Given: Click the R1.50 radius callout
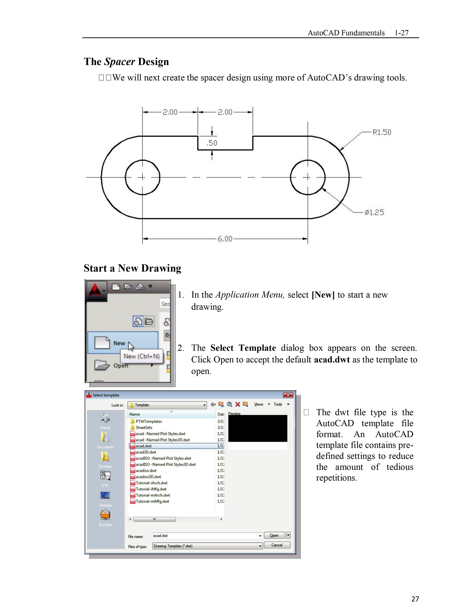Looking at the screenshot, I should (x=382, y=132).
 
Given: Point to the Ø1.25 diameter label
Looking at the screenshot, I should (x=374, y=213).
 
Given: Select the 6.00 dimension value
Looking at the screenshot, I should (x=225, y=239).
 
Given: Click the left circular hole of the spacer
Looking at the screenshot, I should (x=142, y=177).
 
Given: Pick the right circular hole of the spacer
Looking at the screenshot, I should (x=308, y=177).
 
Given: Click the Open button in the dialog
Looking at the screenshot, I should (x=274, y=535).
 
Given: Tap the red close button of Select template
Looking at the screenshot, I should (x=288, y=395).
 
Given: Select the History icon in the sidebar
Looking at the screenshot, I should (x=105, y=418).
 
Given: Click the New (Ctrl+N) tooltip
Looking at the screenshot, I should (x=141, y=356).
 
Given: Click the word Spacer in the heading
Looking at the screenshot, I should (x=120, y=62).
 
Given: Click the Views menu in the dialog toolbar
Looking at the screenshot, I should (x=259, y=404).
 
